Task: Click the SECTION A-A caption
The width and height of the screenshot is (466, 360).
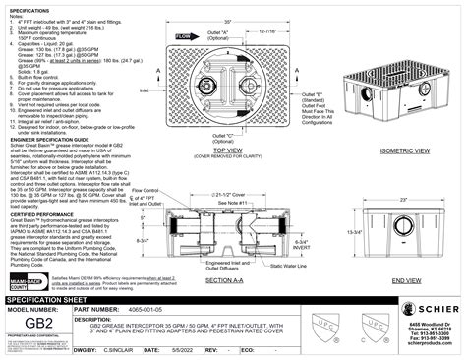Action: point(226,280)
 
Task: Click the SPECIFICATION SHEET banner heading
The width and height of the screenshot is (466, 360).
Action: point(54,296)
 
